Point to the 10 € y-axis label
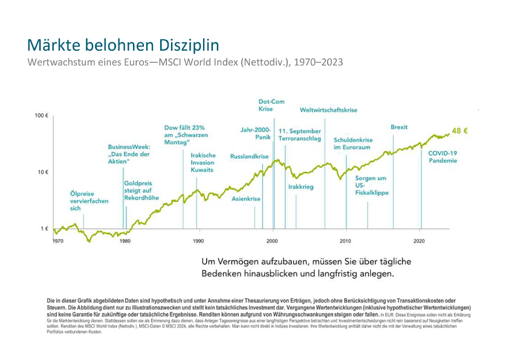(42, 172)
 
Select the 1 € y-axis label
(44, 229)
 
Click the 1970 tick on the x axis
(57, 241)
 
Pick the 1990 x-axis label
(198, 241)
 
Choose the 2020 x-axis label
(419, 241)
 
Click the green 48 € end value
(461, 131)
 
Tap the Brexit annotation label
(399, 127)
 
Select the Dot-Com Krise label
(271, 105)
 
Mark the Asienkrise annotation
(246, 198)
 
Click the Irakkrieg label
(301, 187)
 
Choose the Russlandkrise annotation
(249, 157)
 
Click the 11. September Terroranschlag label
(300, 135)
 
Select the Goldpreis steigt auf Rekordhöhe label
(141, 190)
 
